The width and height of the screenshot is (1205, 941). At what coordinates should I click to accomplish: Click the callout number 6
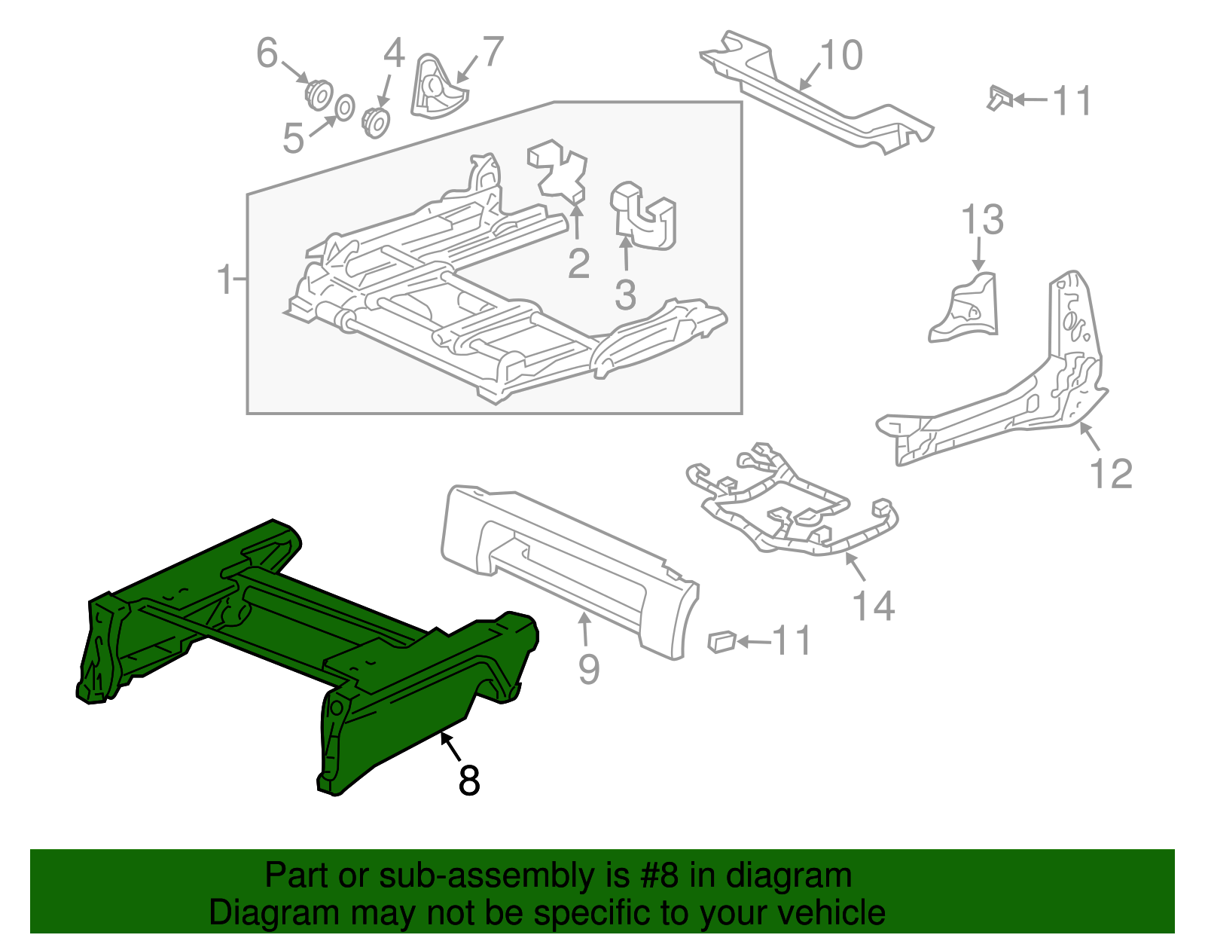tap(267, 53)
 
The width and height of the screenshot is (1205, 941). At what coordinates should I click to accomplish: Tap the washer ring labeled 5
tap(343, 108)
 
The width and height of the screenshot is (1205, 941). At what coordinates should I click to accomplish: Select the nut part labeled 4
tap(375, 123)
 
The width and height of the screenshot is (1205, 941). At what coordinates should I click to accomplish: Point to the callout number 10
tap(840, 56)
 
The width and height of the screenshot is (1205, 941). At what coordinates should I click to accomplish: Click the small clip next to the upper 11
tap(999, 97)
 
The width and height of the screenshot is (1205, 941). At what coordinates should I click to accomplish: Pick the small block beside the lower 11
tap(721, 641)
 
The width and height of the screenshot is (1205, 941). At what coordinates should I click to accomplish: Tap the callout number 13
tap(982, 220)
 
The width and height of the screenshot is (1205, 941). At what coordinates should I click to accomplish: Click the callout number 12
tap(1111, 474)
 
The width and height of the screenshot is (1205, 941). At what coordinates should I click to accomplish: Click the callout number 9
tap(588, 668)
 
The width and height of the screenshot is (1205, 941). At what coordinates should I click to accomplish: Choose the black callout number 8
tap(468, 781)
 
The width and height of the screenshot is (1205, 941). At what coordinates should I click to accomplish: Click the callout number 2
tap(578, 263)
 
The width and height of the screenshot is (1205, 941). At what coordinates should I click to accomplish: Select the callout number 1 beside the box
tap(224, 280)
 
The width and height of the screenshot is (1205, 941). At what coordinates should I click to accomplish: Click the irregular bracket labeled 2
tap(558, 170)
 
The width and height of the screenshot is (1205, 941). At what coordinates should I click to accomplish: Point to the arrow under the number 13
tap(978, 255)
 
